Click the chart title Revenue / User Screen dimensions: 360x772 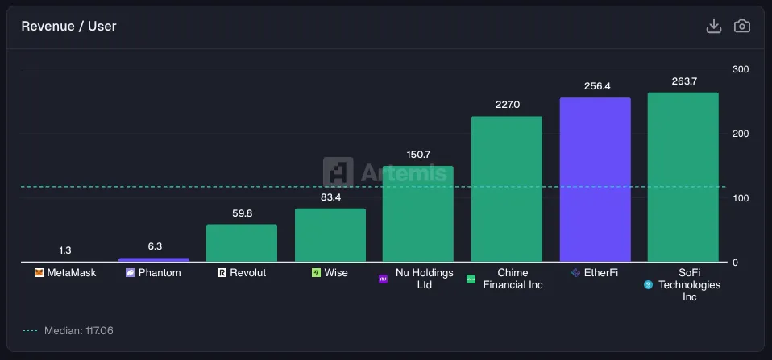[68, 27]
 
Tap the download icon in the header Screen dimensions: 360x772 [713, 27]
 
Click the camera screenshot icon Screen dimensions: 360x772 [741, 27]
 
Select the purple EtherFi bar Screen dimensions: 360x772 [595, 180]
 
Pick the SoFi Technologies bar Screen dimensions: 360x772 [683, 177]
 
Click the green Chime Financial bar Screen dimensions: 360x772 [506, 189]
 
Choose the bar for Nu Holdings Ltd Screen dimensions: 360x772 [417, 213]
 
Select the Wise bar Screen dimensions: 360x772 [330, 235]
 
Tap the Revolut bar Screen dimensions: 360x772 [242, 242]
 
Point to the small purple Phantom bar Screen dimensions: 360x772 [154, 259]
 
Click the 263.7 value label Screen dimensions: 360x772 [683, 81]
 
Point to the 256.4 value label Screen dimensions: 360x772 [595, 86]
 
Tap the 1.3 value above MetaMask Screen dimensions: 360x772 [65, 250]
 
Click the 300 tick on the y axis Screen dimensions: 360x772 [741, 69]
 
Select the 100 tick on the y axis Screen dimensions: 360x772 [741, 198]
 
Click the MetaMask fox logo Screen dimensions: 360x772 [39, 273]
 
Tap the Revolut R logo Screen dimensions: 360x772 [222, 273]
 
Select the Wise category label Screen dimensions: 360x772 [336, 273]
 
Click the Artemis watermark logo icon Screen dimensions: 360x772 [338, 172]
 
